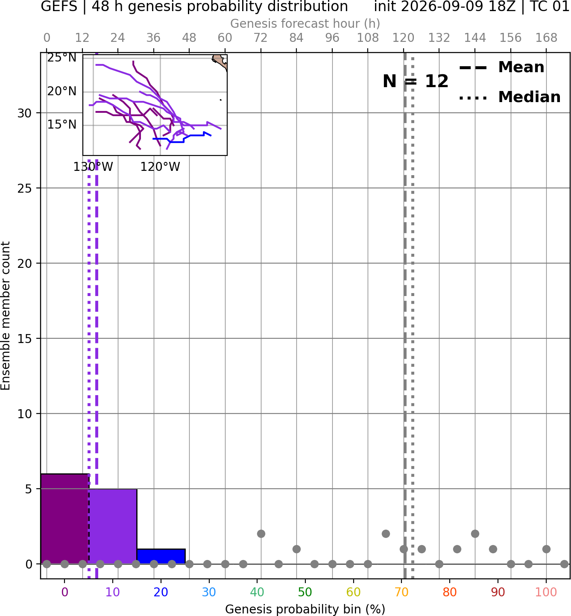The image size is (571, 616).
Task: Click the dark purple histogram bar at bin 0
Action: point(65,519)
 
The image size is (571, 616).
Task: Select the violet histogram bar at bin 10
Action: point(113,526)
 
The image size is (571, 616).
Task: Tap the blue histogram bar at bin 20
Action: point(161,557)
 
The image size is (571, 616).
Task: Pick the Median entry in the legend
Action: point(510,97)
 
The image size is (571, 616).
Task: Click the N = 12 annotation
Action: point(416,81)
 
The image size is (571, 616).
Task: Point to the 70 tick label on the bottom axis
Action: point(401,592)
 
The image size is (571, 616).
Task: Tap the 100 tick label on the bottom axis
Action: point(546,592)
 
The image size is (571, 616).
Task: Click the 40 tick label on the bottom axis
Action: point(257,592)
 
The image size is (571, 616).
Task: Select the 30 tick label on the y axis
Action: point(24,113)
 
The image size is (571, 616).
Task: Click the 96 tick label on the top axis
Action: point(332,38)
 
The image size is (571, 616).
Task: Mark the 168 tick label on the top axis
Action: point(546,38)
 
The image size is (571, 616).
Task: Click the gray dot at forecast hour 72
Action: point(261,534)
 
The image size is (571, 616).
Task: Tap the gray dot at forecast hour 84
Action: point(296,549)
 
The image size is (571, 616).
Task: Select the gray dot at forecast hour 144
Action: point(475,534)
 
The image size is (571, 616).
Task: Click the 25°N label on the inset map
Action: point(62,58)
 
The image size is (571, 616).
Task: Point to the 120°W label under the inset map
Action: point(160,167)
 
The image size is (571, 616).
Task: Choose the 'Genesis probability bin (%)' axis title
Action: point(305,609)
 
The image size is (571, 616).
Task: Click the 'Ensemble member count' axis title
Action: point(5,316)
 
